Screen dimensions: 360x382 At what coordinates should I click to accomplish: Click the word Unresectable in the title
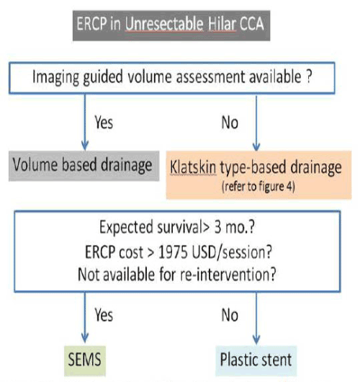click(x=164, y=24)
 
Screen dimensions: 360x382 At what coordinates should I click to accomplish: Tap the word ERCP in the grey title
click(x=91, y=24)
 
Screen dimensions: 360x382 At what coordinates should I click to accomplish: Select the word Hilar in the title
click(x=222, y=24)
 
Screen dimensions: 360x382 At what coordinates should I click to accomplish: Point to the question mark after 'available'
click(x=309, y=76)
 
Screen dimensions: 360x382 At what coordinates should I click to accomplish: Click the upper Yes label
click(x=104, y=122)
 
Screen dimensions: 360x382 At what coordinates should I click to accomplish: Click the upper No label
click(x=230, y=123)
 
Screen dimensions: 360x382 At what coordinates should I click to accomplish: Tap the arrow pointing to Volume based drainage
click(x=85, y=123)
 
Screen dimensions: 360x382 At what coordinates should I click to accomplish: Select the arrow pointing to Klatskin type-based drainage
click(x=256, y=123)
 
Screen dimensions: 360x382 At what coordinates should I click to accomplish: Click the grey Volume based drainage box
click(x=84, y=166)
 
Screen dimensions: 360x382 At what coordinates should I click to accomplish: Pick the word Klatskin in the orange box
click(x=193, y=167)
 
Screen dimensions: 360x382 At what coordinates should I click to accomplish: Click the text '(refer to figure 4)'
click(x=258, y=187)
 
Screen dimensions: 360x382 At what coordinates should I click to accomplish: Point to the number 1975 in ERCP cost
click(x=173, y=252)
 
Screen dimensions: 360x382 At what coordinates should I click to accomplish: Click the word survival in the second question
click(x=179, y=227)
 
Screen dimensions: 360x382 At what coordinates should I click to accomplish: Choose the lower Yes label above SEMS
click(x=104, y=315)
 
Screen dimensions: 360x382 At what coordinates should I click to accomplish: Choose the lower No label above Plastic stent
click(x=230, y=315)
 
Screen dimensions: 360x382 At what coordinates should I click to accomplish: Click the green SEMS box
click(x=85, y=361)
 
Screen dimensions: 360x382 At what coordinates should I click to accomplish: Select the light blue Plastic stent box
click(x=256, y=361)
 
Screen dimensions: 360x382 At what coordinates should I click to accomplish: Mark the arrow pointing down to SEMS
click(x=85, y=317)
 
